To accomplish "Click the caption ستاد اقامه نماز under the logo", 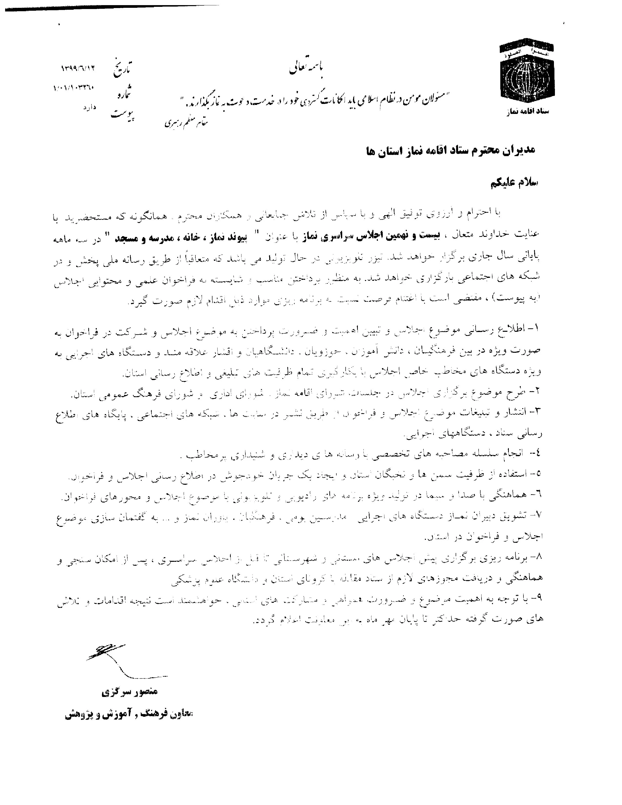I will (527, 111).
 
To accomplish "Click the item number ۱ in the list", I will (535, 328).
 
